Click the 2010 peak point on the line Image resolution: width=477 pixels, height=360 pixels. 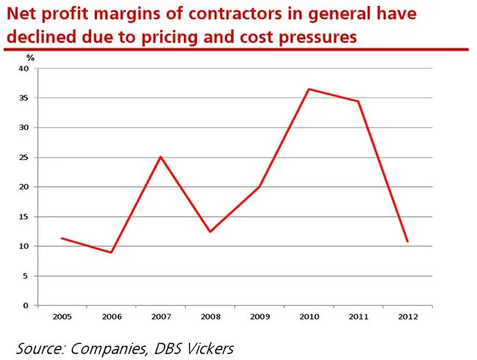coord(309,89)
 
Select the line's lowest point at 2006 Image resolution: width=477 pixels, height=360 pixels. coord(111,253)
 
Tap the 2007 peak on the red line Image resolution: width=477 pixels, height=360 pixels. coord(160,156)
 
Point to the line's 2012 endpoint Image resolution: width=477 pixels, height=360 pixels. coord(407,241)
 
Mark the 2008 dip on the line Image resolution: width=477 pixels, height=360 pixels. coord(210,231)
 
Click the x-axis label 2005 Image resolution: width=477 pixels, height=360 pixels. coord(62,316)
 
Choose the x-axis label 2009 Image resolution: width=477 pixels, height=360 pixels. coord(259,316)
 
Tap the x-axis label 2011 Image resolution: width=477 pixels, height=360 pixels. coord(358,316)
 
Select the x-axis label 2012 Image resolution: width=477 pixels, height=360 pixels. coord(407,316)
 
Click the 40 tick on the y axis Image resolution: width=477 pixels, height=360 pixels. coord(24,68)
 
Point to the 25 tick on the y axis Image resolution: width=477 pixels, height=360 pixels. coord(24,157)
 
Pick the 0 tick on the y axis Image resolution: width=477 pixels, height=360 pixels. coord(26,306)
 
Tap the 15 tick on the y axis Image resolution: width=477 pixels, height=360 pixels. coord(24,217)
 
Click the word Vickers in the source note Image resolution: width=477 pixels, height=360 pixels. coord(207,346)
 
